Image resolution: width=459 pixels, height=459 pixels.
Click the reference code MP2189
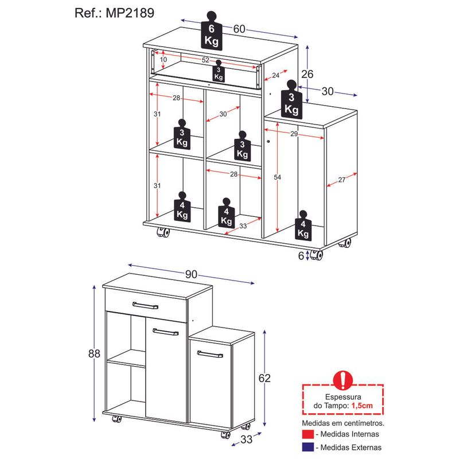pos(130,13)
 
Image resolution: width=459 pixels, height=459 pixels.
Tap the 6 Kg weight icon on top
pos(211,31)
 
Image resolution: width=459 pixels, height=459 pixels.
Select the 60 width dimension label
pos(239,29)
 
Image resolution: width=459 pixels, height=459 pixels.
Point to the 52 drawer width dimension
pos(205,60)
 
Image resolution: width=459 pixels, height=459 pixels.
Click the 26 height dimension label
pos(307,74)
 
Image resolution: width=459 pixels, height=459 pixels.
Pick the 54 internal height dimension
pos(277,177)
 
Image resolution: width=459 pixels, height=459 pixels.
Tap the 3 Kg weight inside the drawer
pos(219,71)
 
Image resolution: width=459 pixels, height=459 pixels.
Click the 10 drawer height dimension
pos(164,60)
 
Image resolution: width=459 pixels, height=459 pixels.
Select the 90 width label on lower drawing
pos(191,274)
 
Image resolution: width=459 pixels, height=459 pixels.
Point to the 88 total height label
pos(94,353)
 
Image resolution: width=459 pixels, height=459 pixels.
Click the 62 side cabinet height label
pos(264,378)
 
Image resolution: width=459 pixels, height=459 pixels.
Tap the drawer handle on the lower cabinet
pos(145,305)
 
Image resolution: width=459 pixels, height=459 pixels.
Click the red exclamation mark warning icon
pos(343,380)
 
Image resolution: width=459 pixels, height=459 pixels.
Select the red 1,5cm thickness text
pos(362,406)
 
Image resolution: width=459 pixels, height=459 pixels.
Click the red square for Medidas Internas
pos(308,434)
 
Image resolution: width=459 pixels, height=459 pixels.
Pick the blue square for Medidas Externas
pos(308,447)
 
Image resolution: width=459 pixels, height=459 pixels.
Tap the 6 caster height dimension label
pos(301,256)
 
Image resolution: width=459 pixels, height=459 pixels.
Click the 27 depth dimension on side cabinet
pos(341,180)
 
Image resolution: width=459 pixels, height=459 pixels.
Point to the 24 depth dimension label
pos(275,75)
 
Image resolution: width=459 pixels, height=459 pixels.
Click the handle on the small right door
pos(210,354)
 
